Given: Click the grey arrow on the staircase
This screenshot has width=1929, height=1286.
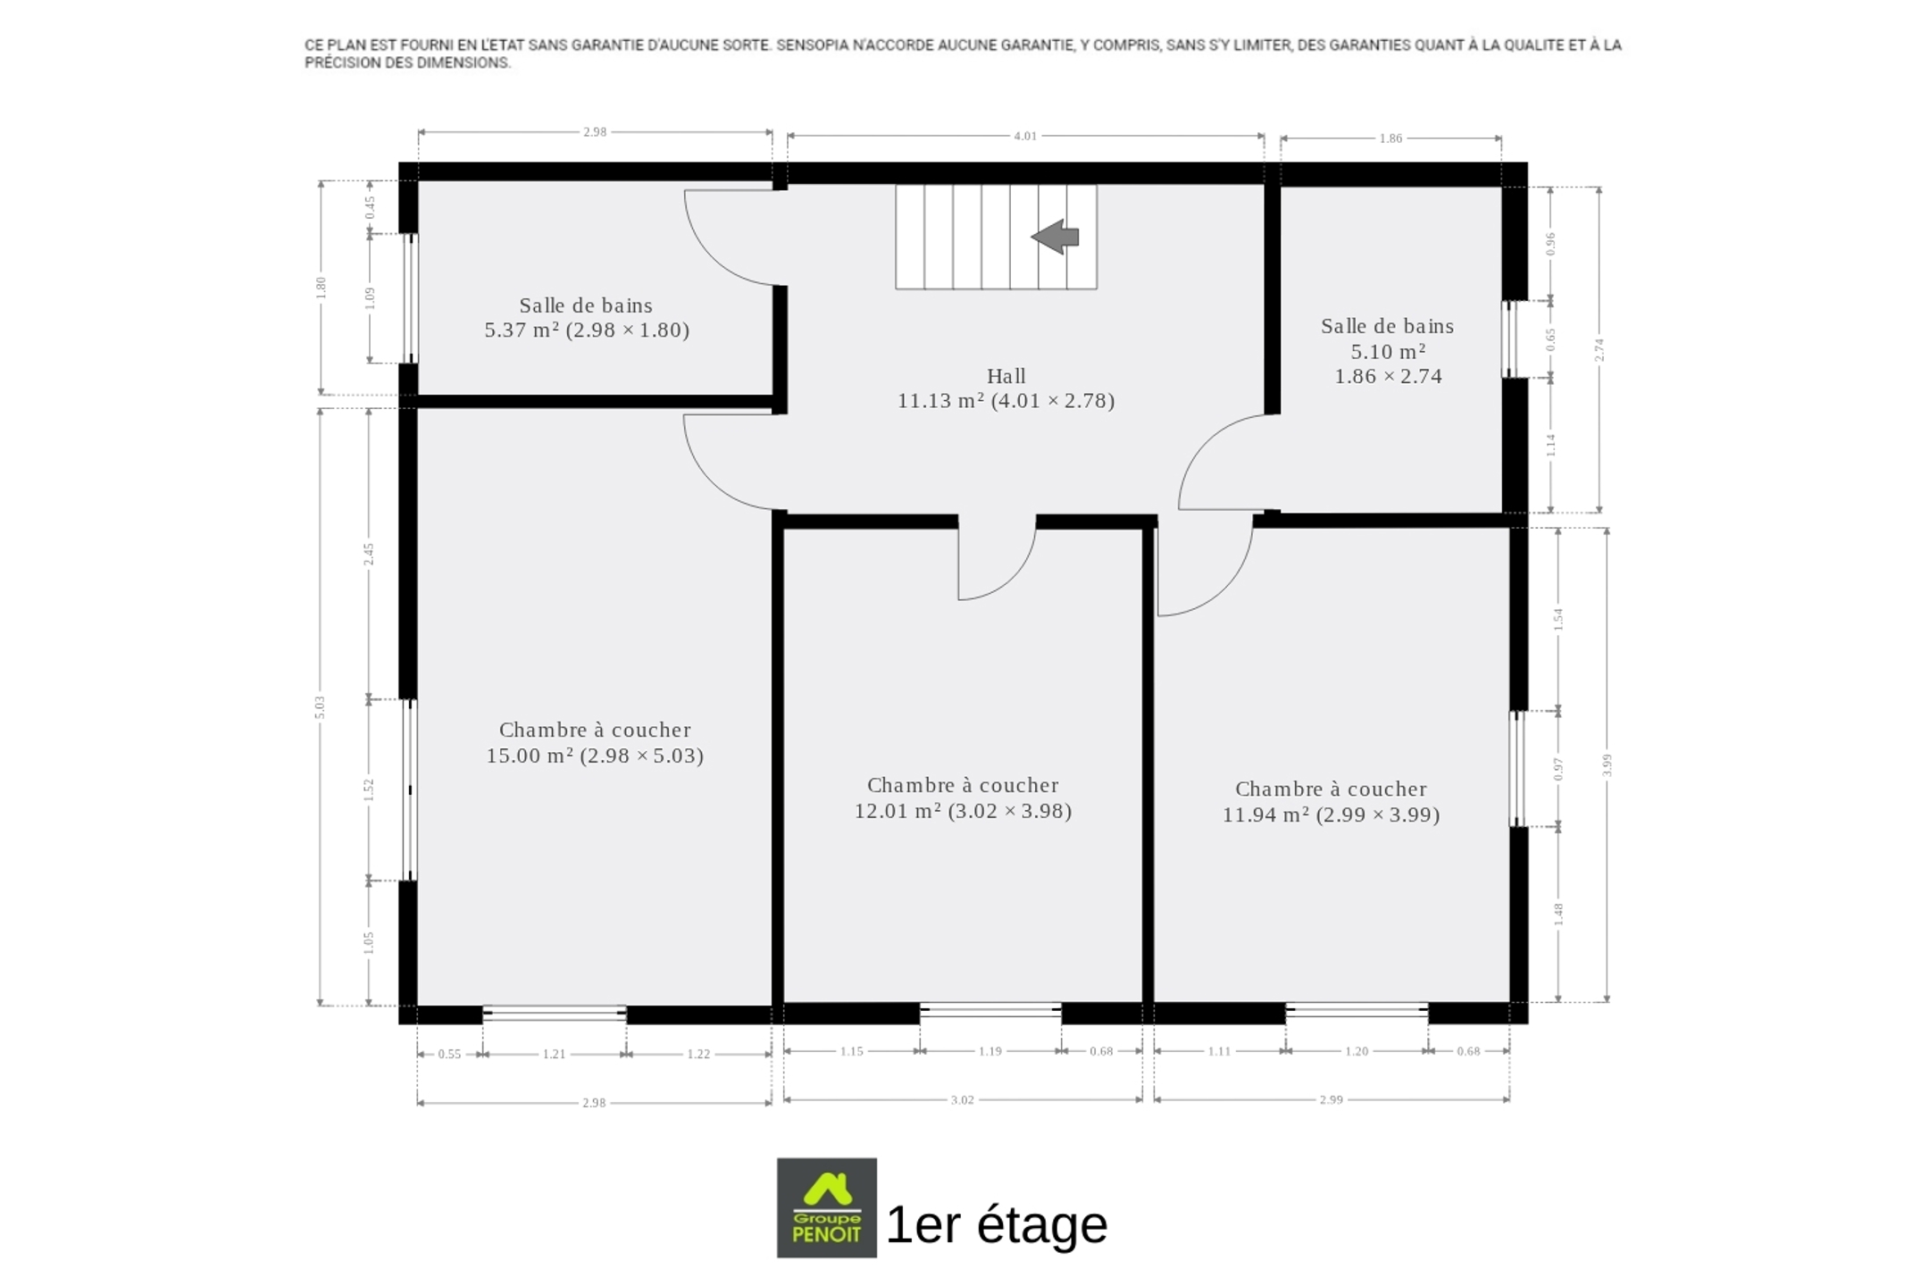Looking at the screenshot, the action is coord(1056,237).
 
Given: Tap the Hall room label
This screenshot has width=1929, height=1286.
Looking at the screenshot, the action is coord(1006,376).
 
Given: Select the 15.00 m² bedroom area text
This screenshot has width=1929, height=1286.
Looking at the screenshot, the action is coord(595,756).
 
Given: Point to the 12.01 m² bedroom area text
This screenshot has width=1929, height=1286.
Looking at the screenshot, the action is coord(963,811).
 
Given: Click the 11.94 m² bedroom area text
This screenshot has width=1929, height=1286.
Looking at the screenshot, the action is coord(1331,814).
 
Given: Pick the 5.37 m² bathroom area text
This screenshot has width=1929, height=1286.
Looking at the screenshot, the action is coord(587,330).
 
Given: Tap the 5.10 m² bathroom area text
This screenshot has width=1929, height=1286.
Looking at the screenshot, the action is coord(1388,351).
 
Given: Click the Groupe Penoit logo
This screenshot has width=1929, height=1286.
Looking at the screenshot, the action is coord(827,1207).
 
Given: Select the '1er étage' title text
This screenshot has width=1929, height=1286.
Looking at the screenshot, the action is coord(997,1224).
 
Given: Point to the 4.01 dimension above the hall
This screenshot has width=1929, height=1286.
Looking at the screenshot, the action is coord(1025,136).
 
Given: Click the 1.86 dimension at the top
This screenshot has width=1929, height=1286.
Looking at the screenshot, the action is coord(1390,138).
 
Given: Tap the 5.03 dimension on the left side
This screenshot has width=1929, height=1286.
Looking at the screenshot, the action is coord(320,707).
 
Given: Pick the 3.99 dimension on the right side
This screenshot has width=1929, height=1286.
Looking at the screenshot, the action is coord(1607,765).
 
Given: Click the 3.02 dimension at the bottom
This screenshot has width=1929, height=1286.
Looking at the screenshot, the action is coord(962,1099).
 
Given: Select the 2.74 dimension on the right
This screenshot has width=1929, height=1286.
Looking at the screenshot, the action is coord(1599,350).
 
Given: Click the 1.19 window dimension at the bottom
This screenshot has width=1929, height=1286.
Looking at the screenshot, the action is coord(990,1051).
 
